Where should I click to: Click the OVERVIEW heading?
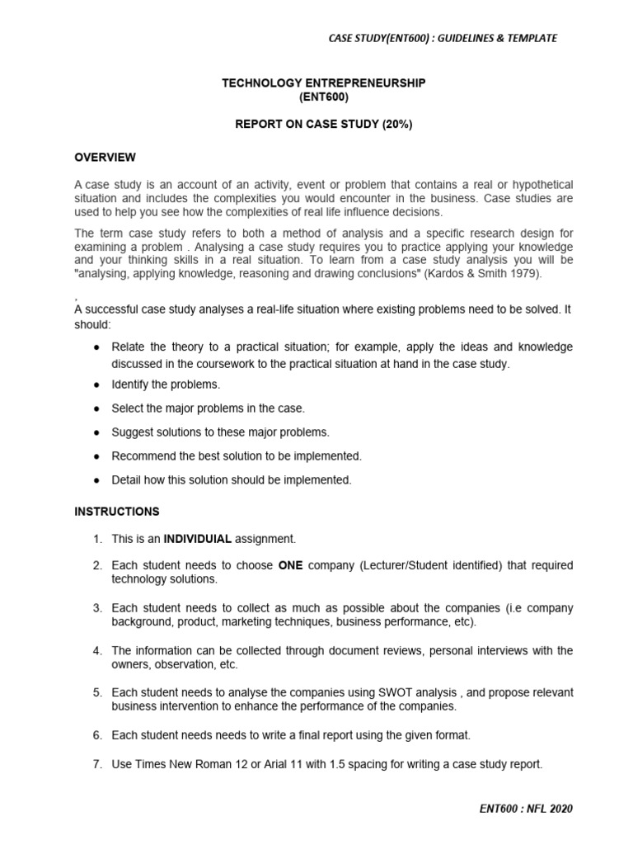point(105,158)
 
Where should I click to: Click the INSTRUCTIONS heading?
point(117,512)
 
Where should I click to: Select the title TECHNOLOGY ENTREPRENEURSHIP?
point(324,83)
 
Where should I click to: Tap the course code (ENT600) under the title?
point(324,97)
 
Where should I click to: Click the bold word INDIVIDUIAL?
point(198,539)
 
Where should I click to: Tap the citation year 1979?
point(524,273)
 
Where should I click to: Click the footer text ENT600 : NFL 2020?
point(525,809)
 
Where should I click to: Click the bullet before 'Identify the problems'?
point(96,385)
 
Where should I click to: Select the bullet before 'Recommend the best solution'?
point(96,456)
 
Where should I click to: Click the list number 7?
point(96,764)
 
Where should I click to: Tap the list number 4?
point(96,651)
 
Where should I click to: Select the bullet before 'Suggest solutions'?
point(96,432)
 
